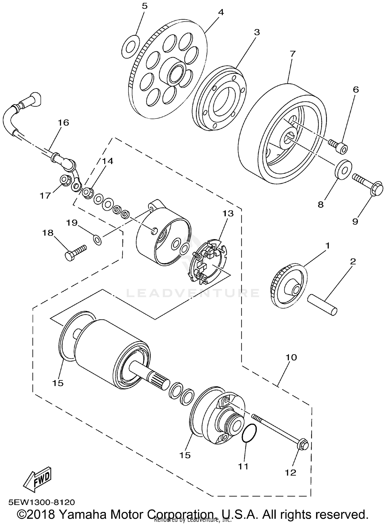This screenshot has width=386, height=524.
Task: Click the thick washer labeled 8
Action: click(344, 169)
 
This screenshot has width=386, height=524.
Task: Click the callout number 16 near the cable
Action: click(63, 123)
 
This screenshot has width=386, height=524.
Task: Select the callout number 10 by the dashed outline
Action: click(291, 357)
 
